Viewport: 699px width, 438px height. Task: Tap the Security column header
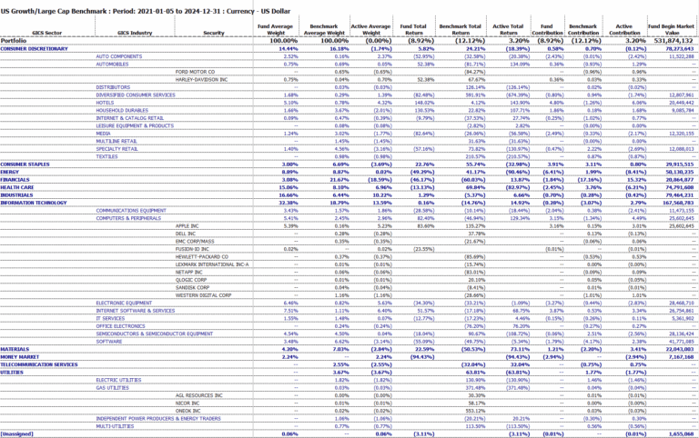(214, 31)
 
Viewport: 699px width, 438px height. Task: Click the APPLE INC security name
(187, 225)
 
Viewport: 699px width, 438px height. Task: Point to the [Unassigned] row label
(16, 434)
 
